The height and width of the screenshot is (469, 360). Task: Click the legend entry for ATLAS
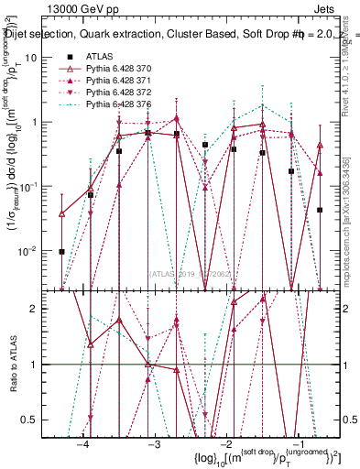click(x=102, y=57)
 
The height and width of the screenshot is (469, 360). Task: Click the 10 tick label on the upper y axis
click(x=41, y=57)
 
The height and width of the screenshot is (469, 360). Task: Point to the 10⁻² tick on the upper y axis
click(x=38, y=250)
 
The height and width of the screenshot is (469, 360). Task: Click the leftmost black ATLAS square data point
click(x=61, y=251)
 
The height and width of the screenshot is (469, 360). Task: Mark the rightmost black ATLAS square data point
click(x=320, y=210)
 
